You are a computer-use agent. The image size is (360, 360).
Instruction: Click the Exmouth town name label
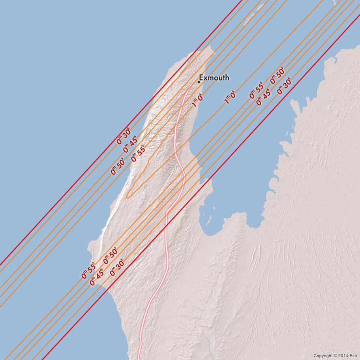click(214, 78)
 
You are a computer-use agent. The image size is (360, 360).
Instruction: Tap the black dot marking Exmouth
click(199, 82)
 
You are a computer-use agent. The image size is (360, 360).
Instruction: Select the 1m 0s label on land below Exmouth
click(197, 100)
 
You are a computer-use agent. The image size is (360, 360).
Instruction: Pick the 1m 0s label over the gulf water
click(230, 97)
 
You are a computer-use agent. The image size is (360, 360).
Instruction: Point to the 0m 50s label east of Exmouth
click(277, 76)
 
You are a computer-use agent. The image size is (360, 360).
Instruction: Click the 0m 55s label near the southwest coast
click(88, 270)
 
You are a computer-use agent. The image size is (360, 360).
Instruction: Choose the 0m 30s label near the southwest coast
click(117, 267)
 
